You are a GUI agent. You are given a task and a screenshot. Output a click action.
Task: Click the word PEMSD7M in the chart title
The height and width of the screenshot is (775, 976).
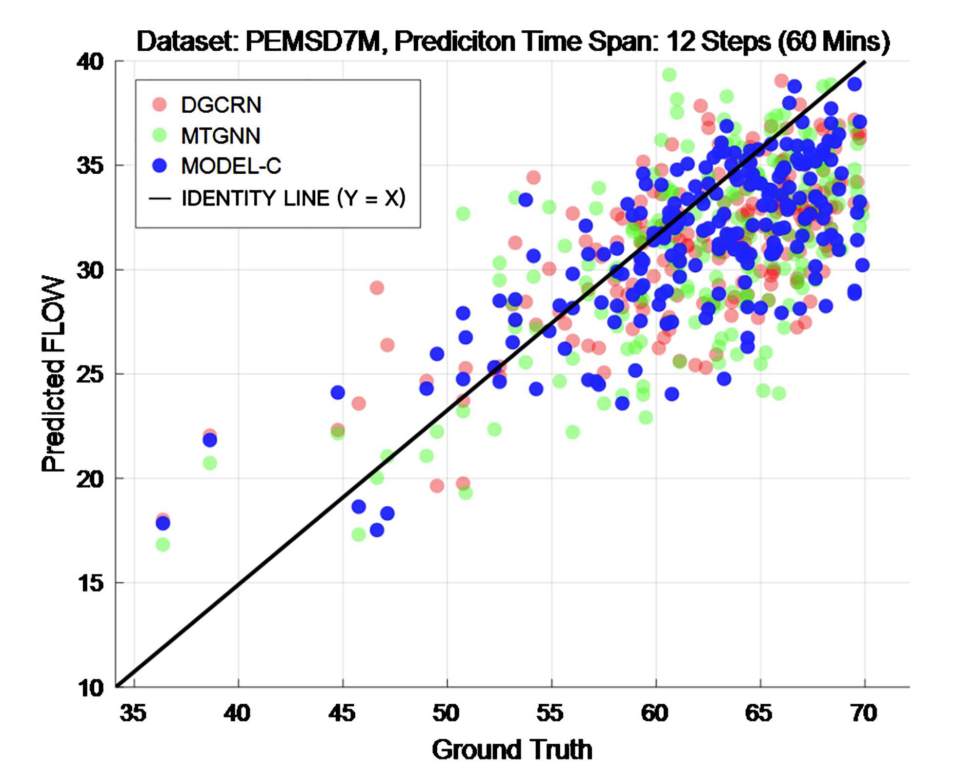[x=313, y=41]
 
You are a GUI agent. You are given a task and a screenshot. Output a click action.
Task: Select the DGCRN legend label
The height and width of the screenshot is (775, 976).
[x=221, y=105]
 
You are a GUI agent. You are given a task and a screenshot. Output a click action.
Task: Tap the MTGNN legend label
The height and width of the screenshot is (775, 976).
[x=221, y=136]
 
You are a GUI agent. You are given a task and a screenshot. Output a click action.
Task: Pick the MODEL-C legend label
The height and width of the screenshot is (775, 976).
[x=231, y=166]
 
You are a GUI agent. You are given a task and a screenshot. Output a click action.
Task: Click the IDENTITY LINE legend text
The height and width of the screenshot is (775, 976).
[x=293, y=198]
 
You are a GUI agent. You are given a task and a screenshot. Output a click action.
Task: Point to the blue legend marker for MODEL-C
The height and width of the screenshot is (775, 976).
[x=160, y=166]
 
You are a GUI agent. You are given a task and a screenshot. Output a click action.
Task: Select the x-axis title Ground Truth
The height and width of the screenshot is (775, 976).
[x=512, y=749]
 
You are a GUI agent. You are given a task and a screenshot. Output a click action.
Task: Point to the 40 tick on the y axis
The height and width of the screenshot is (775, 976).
[x=90, y=62]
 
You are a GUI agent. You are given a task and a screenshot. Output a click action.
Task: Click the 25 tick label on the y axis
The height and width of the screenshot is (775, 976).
[x=90, y=374]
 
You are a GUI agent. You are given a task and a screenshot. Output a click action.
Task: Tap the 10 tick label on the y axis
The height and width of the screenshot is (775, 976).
[x=90, y=688]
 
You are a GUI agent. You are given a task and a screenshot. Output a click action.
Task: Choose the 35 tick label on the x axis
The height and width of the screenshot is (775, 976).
[x=133, y=713]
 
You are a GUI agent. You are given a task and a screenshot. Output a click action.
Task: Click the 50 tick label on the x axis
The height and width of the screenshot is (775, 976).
[x=446, y=713]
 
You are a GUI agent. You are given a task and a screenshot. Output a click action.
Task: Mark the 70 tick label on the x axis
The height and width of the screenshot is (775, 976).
[x=864, y=713]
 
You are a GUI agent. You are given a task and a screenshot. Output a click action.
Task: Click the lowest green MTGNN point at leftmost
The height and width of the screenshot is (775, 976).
[x=163, y=544]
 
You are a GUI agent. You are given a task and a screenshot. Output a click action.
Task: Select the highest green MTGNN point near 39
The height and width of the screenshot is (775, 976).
[x=669, y=75]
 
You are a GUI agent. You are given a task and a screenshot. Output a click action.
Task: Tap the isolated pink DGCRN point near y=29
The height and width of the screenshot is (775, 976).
[x=377, y=287]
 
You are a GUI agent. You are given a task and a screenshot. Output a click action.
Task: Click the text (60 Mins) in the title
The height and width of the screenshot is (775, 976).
[x=834, y=41]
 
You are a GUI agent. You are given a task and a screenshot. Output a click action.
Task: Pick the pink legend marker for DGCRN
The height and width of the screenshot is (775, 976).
[x=160, y=104]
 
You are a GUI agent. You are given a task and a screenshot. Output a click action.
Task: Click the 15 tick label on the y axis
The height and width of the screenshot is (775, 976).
[x=90, y=583]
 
